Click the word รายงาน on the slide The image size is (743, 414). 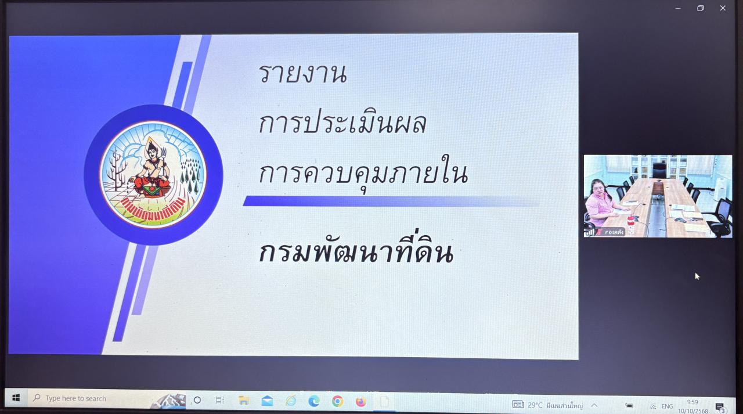coord(302,74)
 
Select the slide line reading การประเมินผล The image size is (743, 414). coord(342,123)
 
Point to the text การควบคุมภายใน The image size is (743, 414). coord(363,173)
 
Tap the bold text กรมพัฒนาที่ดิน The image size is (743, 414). coord(355,253)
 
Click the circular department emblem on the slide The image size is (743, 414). coord(153,174)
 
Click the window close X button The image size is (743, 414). coord(723,8)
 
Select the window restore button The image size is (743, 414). coord(700,8)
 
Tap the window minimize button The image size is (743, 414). coord(678,8)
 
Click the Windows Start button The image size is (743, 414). coord(16,398)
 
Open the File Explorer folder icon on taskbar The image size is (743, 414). coord(244,401)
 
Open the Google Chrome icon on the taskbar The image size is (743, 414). coord(337,401)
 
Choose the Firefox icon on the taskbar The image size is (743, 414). coord(361,401)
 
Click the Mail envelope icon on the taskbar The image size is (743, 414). coord(267,401)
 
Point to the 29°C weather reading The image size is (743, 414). coord(535,405)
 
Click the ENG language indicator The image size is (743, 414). coord(667,406)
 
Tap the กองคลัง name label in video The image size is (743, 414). coord(614,232)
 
